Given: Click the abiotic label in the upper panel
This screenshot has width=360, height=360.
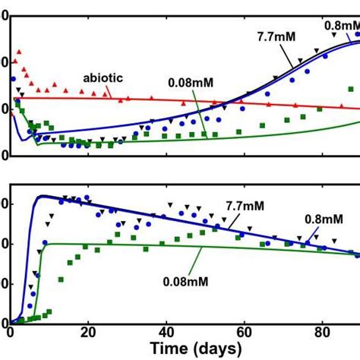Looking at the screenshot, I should pos(103,77).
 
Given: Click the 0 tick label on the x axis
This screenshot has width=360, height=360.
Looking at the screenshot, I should pos(10,332).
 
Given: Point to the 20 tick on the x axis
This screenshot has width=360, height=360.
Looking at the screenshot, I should pos(88,332).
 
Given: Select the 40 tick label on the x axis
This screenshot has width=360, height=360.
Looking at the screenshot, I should pos(166,332).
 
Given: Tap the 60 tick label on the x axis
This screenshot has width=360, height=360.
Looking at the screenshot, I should pos(244,332).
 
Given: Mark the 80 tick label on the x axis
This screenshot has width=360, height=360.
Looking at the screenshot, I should pos(321,332).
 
